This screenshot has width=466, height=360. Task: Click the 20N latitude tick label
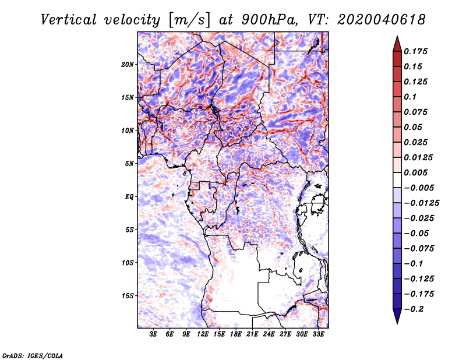pyautogui.click(x=128, y=64)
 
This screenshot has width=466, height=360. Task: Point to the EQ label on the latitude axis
pyautogui.click(x=129, y=196)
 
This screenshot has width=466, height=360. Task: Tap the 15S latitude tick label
pyautogui.click(x=128, y=295)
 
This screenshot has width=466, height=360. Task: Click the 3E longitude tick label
pyautogui.click(x=154, y=334)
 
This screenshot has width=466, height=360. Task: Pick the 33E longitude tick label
pyautogui.click(x=318, y=334)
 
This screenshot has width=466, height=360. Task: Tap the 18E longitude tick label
pyautogui.click(x=236, y=334)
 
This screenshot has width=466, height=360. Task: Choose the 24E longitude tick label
pyautogui.click(x=269, y=334)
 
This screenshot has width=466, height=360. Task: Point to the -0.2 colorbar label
pyautogui.click(x=414, y=309)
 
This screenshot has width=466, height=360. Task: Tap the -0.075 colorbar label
pyautogui.click(x=420, y=248)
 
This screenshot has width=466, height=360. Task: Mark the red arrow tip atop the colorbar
pyautogui.click(x=396, y=39)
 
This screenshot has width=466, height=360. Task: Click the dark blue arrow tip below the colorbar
pyautogui.click(x=396, y=320)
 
